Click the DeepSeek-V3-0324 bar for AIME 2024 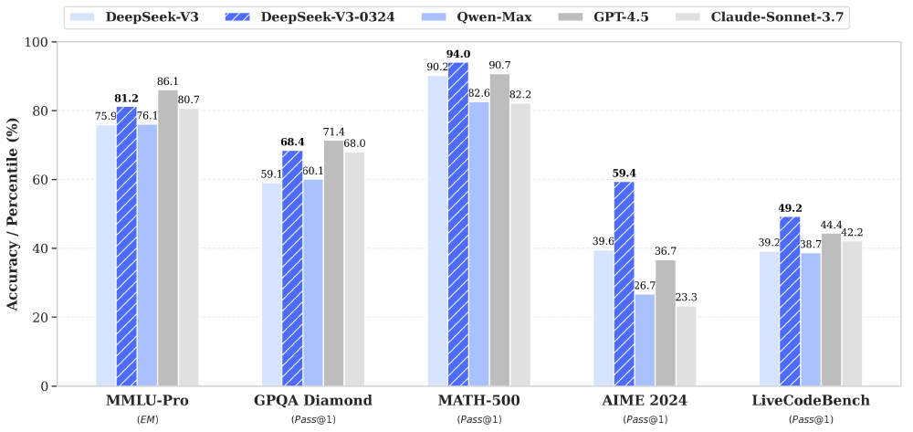[624, 283]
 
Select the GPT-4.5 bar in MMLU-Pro [168, 237]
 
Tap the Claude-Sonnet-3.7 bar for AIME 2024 [686, 345]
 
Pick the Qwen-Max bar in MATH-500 [478, 244]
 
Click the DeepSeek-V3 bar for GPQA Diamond [271, 284]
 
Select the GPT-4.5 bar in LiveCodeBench [831, 310]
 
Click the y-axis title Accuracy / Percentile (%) [14, 214]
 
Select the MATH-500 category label [478, 401]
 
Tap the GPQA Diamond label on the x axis [313, 401]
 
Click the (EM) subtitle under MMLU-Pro [147, 418]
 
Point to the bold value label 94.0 [458, 54]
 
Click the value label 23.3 [686, 297]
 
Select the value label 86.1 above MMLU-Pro [168, 81]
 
